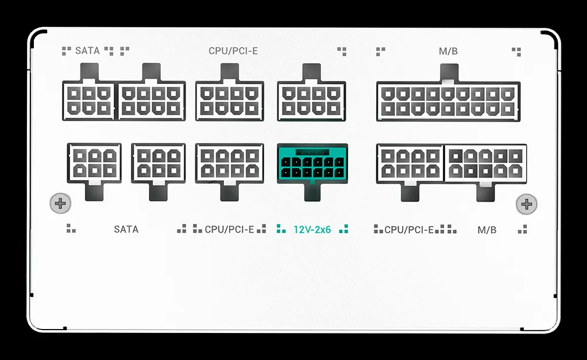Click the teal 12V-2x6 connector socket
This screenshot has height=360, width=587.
point(312,164)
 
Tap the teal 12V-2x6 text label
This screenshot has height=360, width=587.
point(312,230)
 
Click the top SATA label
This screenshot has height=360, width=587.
point(87,51)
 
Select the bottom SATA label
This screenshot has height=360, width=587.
point(126,229)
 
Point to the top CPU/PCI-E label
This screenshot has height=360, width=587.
point(233,51)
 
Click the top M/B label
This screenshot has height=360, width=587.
point(448,51)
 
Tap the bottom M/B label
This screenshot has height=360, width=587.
point(486,230)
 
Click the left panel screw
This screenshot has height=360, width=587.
point(60,204)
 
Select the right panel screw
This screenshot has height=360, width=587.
point(526,204)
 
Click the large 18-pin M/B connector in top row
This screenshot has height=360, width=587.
point(448,102)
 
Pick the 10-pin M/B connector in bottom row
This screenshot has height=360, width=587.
point(485,164)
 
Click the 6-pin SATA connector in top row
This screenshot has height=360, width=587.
point(88,100)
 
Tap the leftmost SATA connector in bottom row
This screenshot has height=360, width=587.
point(94,163)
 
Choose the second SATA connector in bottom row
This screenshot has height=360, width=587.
point(159,163)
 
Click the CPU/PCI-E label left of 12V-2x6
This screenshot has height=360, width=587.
point(230,230)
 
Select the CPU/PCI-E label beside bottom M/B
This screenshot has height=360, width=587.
point(409,230)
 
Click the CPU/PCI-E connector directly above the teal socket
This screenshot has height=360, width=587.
point(311,101)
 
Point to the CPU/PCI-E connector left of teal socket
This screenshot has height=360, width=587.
point(230,164)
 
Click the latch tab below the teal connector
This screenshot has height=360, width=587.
point(312,192)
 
